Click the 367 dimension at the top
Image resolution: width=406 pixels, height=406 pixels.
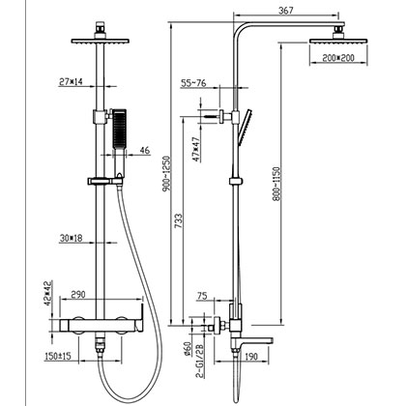coord(286,11)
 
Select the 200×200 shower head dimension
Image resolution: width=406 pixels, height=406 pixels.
coord(338,58)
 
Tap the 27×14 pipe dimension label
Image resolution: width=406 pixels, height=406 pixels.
coord(71,81)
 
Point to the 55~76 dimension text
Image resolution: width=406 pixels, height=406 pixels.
coord(193,83)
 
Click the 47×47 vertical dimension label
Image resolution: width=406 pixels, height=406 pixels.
coord(196,149)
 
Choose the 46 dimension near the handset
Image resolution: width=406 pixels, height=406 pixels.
coord(145,151)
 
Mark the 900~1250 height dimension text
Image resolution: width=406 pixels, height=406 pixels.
coord(167,174)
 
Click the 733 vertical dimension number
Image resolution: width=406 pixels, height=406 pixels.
coord(179,221)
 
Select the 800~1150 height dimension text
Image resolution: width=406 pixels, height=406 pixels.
coord(276,184)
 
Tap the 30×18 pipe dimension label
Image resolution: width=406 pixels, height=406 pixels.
coord(71,238)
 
